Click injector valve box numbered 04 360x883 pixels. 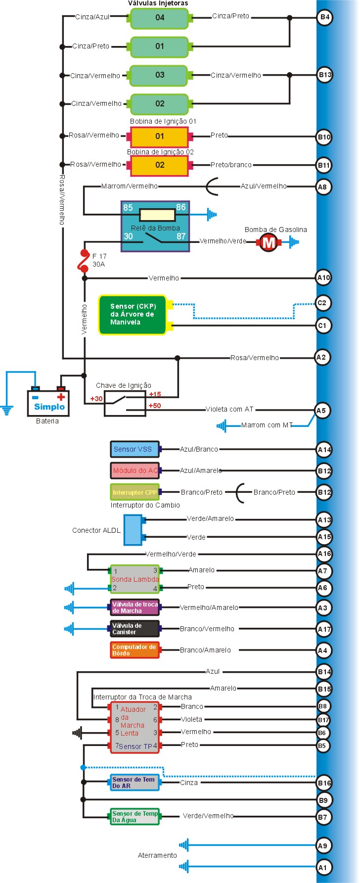click(159, 18)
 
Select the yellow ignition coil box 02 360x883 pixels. click(159, 165)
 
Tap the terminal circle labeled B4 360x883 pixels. click(324, 17)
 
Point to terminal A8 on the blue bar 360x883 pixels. click(322, 187)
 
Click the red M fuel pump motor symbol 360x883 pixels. click(269, 242)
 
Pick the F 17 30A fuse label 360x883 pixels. click(99, 260)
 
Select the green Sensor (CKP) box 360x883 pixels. click(133, 315)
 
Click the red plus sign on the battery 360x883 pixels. click(61, 397)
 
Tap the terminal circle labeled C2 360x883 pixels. click(322, 303)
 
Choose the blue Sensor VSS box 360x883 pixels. click(135, 449)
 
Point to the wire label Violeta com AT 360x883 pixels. click(229, 409)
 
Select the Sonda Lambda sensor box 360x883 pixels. click(135, 579)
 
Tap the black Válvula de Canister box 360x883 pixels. click(135, 629)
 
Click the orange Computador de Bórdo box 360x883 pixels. click(135, 650)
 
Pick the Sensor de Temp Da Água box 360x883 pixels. click(135, 817)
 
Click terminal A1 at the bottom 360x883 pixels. click(322, 867)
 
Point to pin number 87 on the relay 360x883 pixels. click(181, 236)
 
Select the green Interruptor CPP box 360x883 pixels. click(135, 492)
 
